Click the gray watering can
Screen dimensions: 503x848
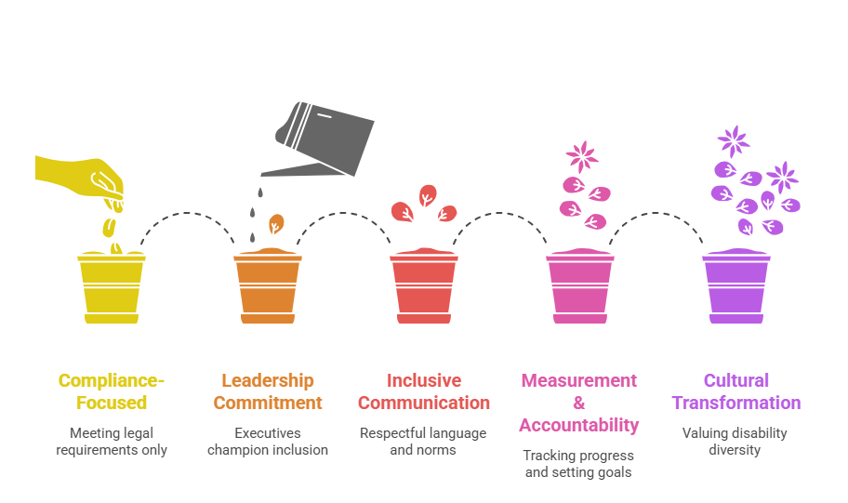(x=325, y=130)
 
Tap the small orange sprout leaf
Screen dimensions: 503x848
(x=276, y=224)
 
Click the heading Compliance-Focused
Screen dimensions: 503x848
(x=111, y=391)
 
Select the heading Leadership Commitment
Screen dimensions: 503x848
(x=267, y=391)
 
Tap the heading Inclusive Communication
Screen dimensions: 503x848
(x=423, y=391)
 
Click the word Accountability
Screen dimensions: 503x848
(x=578, y=426)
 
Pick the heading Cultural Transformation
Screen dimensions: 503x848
(x=735, y=391)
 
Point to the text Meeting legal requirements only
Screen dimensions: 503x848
(x=111, y=441)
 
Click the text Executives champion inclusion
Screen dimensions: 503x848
(x=267, y=441)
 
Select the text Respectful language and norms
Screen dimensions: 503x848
(x=423, y=441)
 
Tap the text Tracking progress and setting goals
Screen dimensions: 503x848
(x=578, y=463)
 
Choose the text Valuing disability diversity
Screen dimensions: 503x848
(x=735, y=441)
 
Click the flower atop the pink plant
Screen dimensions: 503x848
(x=582, y=154)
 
